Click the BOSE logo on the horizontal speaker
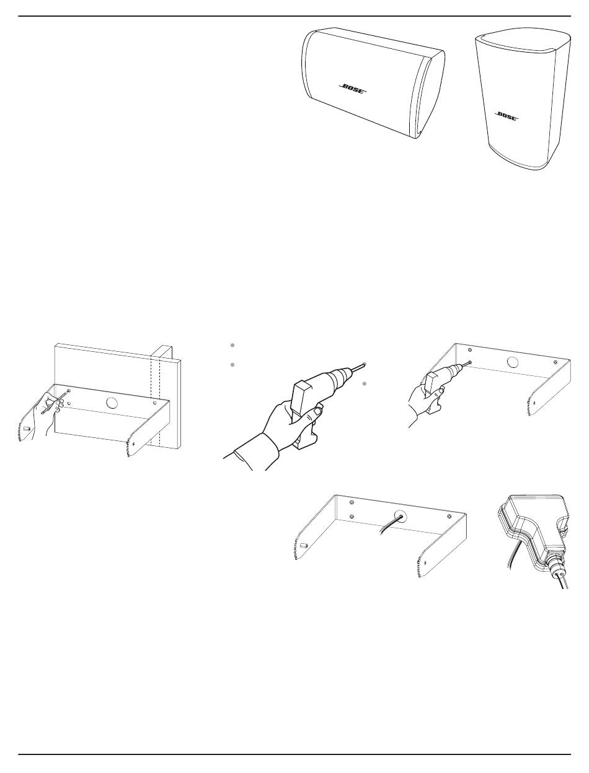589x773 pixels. tap(353, 89)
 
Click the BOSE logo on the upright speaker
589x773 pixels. tap(507, 116)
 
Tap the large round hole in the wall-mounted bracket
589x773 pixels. tap(112, 402)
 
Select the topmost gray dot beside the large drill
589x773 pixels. tap(232, 345)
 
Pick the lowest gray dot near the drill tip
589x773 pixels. tap(365, 383)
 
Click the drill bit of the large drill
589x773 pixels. tap(357, 367)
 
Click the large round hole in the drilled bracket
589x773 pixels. tap(513, 361)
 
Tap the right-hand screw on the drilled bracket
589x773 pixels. tap(556, 362)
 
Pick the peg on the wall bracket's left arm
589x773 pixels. tap(27, 429)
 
